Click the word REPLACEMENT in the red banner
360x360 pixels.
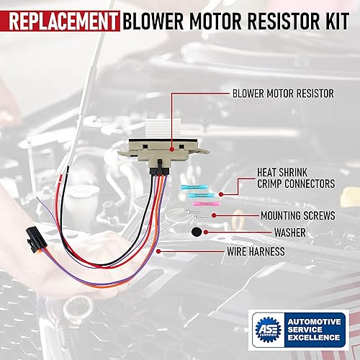pos(60,15)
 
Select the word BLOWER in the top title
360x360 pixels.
pos(157,15)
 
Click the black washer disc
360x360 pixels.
pos(196,233)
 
